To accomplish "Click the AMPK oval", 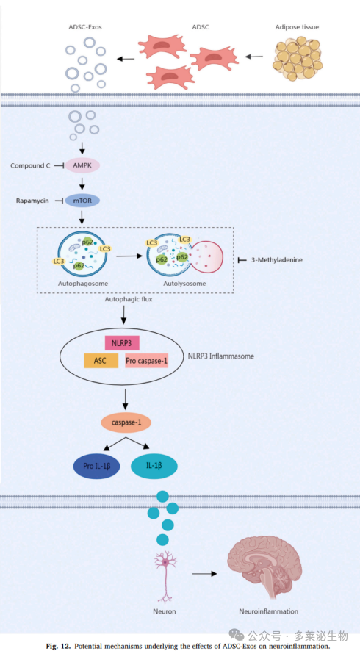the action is (82, 165).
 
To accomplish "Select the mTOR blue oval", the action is (82, 201).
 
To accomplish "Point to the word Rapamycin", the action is (32, 201).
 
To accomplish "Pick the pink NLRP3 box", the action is (122, 342).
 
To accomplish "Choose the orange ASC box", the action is (101, 361).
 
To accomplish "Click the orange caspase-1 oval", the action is (126, 422).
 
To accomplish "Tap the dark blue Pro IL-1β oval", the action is (96, 467).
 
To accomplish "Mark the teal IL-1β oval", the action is (154, 466).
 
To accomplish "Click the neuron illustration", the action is (165, 575).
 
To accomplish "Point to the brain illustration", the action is (259, 571).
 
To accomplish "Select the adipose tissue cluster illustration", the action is (298, 58).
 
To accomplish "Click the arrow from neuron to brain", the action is (205, 573).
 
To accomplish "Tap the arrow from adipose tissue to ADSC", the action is (257, 56).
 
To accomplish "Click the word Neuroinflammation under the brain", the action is (268, 611).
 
